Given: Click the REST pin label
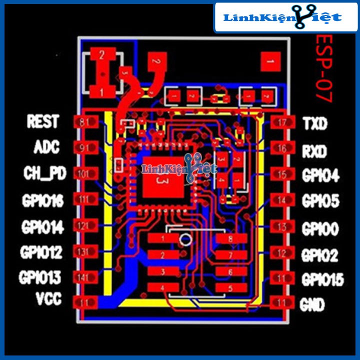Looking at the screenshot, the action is pyautogui.click(x=43, y=121).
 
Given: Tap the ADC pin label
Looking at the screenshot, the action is pyautogui.click(x=47, y=147).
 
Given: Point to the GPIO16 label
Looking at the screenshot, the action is pyautogui.click(x=42, y=201).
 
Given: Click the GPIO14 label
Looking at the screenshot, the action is pyautogui.click(x=42, y=227).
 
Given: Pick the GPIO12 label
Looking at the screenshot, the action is pyautogui.click(x=41, y=251).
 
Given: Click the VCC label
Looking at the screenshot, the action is pyautogui.click(x=48, y=299).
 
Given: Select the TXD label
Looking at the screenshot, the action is pyautogui.click(x=315, y=123).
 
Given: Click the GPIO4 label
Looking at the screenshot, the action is pyautogui.click(x=320, y=175).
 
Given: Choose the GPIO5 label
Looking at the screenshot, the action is pyautogui.click(x=320, y=201).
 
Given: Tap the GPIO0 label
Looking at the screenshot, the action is pyautogui.click(x=320, y=229).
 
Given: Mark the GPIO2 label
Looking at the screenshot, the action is pyautogui.click(x=320, y=255).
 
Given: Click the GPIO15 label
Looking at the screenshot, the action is pyautogui.click(x=322, y=279).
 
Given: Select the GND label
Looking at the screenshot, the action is pyautogui.click(x=312, y=303).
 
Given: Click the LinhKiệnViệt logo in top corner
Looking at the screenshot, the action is pyautogui.click(x=283, y=18).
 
